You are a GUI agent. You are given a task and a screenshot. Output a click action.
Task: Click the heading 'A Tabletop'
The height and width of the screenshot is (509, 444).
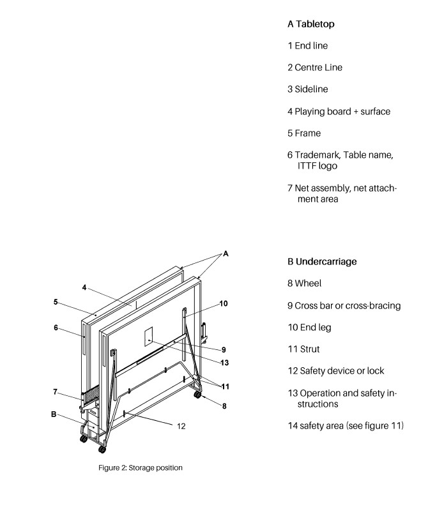pos(310,24)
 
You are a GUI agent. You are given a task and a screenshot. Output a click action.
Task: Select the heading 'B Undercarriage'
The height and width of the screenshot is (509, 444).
pos(323,262)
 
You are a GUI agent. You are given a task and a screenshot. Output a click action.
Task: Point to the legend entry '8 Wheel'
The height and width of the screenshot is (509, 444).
pos(304,284)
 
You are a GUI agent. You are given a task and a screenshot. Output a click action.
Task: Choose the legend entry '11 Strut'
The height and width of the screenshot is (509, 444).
pos(303,349)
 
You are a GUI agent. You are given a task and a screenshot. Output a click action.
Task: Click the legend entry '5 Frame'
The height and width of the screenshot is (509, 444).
pos(304,133)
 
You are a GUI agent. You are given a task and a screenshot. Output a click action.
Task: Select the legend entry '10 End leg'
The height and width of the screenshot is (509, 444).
pos(309,328)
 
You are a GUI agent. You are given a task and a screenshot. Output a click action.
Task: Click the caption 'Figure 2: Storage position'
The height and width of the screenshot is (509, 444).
pos(140,468)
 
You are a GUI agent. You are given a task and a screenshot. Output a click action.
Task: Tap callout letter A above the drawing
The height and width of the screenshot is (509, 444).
pos(225,254)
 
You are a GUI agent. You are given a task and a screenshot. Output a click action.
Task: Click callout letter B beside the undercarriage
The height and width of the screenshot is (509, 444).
pos(54,414)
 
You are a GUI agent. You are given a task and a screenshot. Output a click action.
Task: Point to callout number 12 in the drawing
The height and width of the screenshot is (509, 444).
pos(181,425)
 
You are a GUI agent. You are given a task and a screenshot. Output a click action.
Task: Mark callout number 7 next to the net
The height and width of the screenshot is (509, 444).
pos(56,391)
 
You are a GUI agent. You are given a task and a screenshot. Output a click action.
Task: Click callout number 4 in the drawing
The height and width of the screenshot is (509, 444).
pos(83,287)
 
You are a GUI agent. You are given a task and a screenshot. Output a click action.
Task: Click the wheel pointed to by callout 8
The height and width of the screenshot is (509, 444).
pos(197,396)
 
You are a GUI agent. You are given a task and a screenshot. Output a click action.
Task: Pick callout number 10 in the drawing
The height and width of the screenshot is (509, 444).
pos(223,303)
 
